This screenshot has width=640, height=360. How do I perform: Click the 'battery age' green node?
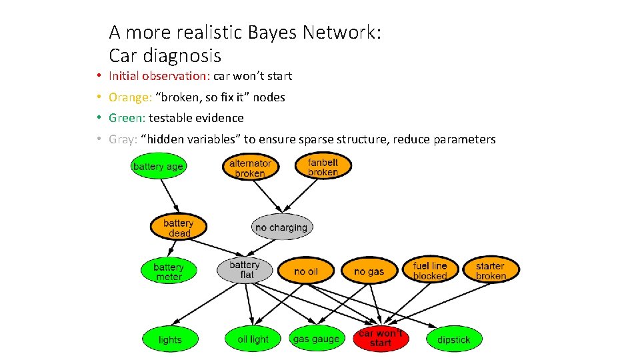pyautogui.click(x=158, y=167)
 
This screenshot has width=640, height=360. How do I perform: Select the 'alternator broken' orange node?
pyautogui.click(x=250, y=168)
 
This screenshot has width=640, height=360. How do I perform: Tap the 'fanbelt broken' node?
pyautogui.click(x=323, y=167)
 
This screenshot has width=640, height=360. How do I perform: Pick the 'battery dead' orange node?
pyautogui.click(x=179, y=228)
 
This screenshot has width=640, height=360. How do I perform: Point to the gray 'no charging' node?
pyautogui.click(x=281, y=227)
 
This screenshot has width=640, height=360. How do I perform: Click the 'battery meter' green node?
pyautogui.click(x=169, y=271)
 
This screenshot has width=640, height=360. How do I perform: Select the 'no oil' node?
pyautogui.click(x=306, y=271)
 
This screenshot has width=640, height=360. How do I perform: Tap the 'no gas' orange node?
pyautogui.click(x=369, y=271)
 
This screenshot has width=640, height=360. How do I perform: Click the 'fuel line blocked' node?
pyautogui.click(x=430, y=271)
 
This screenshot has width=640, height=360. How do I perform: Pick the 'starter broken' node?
pyautogui.click(x=491, y=271)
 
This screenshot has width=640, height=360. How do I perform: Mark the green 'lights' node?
pyautogui.click(x=170, y=340)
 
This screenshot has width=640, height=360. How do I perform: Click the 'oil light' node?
pyautogui.click(x=253, y=339)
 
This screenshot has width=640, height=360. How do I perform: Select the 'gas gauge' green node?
pyautogui.click(x=316, y=339)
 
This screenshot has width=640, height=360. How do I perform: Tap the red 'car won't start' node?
pyautogui.click(x=381, y=338)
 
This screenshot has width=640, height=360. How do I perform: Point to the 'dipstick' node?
pyautogui.click(x=453, y=339)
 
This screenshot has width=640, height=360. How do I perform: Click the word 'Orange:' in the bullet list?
pyautogui.click(x=130, y=97)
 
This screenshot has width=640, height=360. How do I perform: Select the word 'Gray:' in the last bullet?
pyautogui.click(x=123, y=139)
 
